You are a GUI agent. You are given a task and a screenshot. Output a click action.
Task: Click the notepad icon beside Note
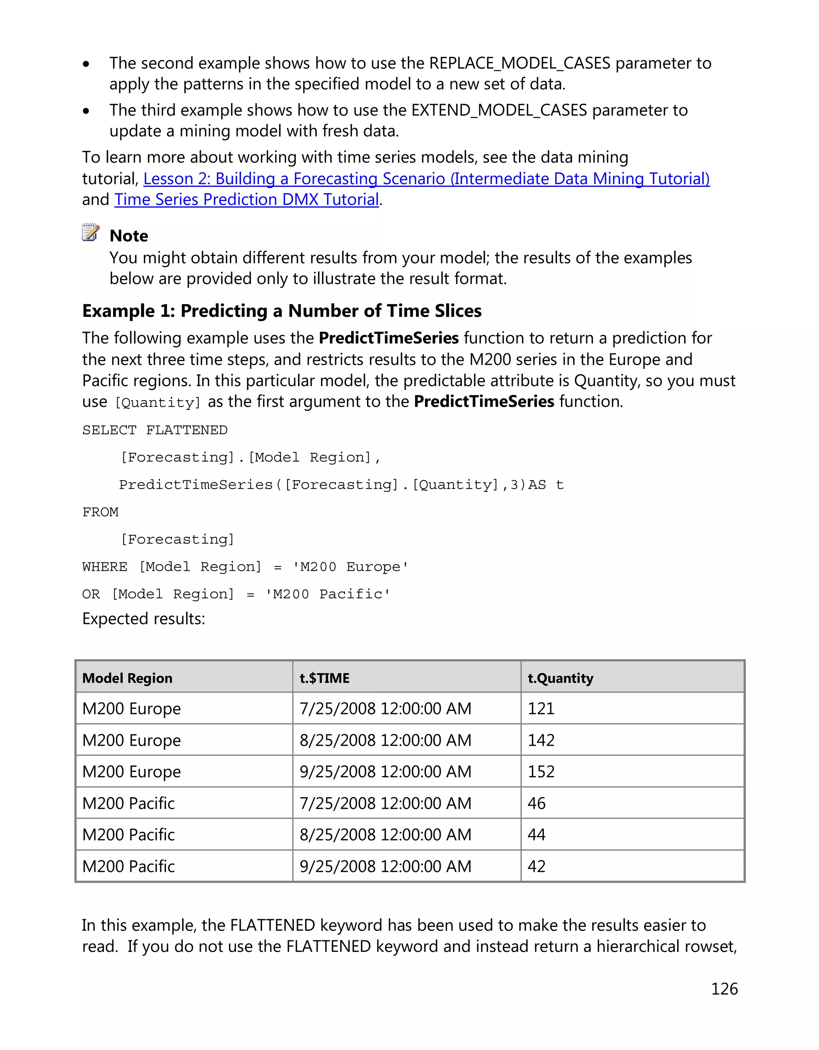[x=90, y=232]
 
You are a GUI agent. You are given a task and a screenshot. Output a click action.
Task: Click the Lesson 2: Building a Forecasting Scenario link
[x=426, y=179]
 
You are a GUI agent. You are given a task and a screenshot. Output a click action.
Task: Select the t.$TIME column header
[x=324, y=678]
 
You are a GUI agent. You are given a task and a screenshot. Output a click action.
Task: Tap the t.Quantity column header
[x=560, y=678]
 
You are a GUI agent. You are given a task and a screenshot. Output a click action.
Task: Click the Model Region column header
[x=127, y=678]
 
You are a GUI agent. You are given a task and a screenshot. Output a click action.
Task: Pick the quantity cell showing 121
[x=541, y=709]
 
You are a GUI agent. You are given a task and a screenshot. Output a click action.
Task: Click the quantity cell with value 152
[x=541, y=772]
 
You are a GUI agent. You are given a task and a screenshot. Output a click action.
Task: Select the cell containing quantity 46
[x=536, y=803]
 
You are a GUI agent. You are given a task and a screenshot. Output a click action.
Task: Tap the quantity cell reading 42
[x=536, y=866]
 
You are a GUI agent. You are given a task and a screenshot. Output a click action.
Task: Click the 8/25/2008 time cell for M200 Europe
[x=385, y=740]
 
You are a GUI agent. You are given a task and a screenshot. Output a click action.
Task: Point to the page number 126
[x=724, y=989]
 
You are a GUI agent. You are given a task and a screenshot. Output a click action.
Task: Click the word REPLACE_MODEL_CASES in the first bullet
[x=519, y=63]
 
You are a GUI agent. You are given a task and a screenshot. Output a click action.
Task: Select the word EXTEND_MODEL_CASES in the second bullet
[x=499, y=110]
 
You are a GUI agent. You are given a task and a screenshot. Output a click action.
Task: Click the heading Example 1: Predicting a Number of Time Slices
[x=282, y=311]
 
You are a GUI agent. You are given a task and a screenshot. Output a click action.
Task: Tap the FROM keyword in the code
[x=100, y=512]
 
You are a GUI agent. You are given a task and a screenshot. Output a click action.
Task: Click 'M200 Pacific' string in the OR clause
[x=328, y=594]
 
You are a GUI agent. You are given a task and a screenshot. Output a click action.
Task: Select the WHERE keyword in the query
[x=105, y=567]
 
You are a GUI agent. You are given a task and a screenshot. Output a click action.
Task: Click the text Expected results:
[x=144, y=619]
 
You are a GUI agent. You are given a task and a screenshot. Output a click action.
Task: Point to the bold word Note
[x=129, y=236]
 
